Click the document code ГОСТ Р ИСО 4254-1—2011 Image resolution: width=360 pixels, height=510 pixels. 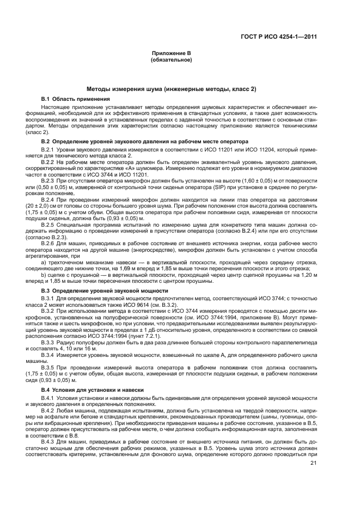click(286, 38)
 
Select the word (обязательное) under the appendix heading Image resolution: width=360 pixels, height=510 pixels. click(170, 59)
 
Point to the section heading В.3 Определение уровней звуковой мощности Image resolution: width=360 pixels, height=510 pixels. click(105, 291)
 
